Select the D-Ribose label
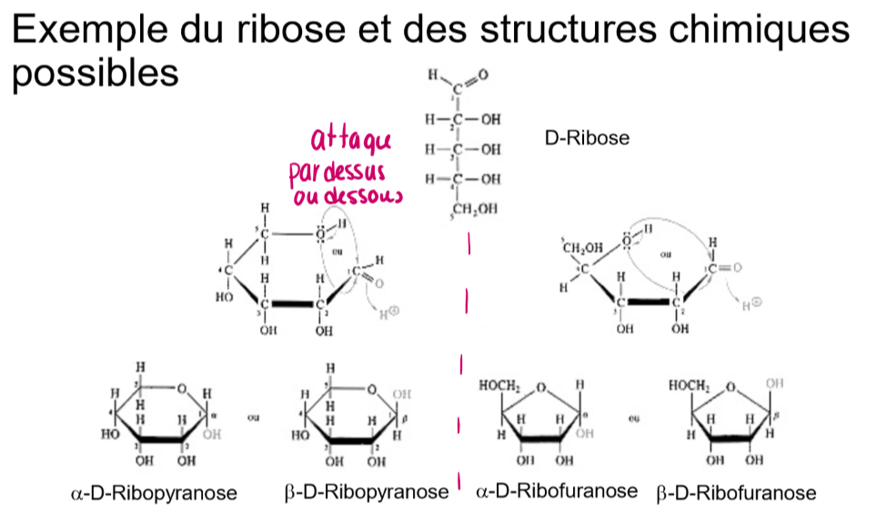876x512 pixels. pyautogui.click(x=587, y=139)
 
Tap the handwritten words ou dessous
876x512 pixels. pyautogui.click(x=348, y=196)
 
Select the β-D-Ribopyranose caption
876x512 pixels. pyautogui.click(x=367, y=493)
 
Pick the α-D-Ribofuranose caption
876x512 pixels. pyautogui.click(x=556, y=491)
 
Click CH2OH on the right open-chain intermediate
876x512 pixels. pyautogui.click(x=583, y=247)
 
